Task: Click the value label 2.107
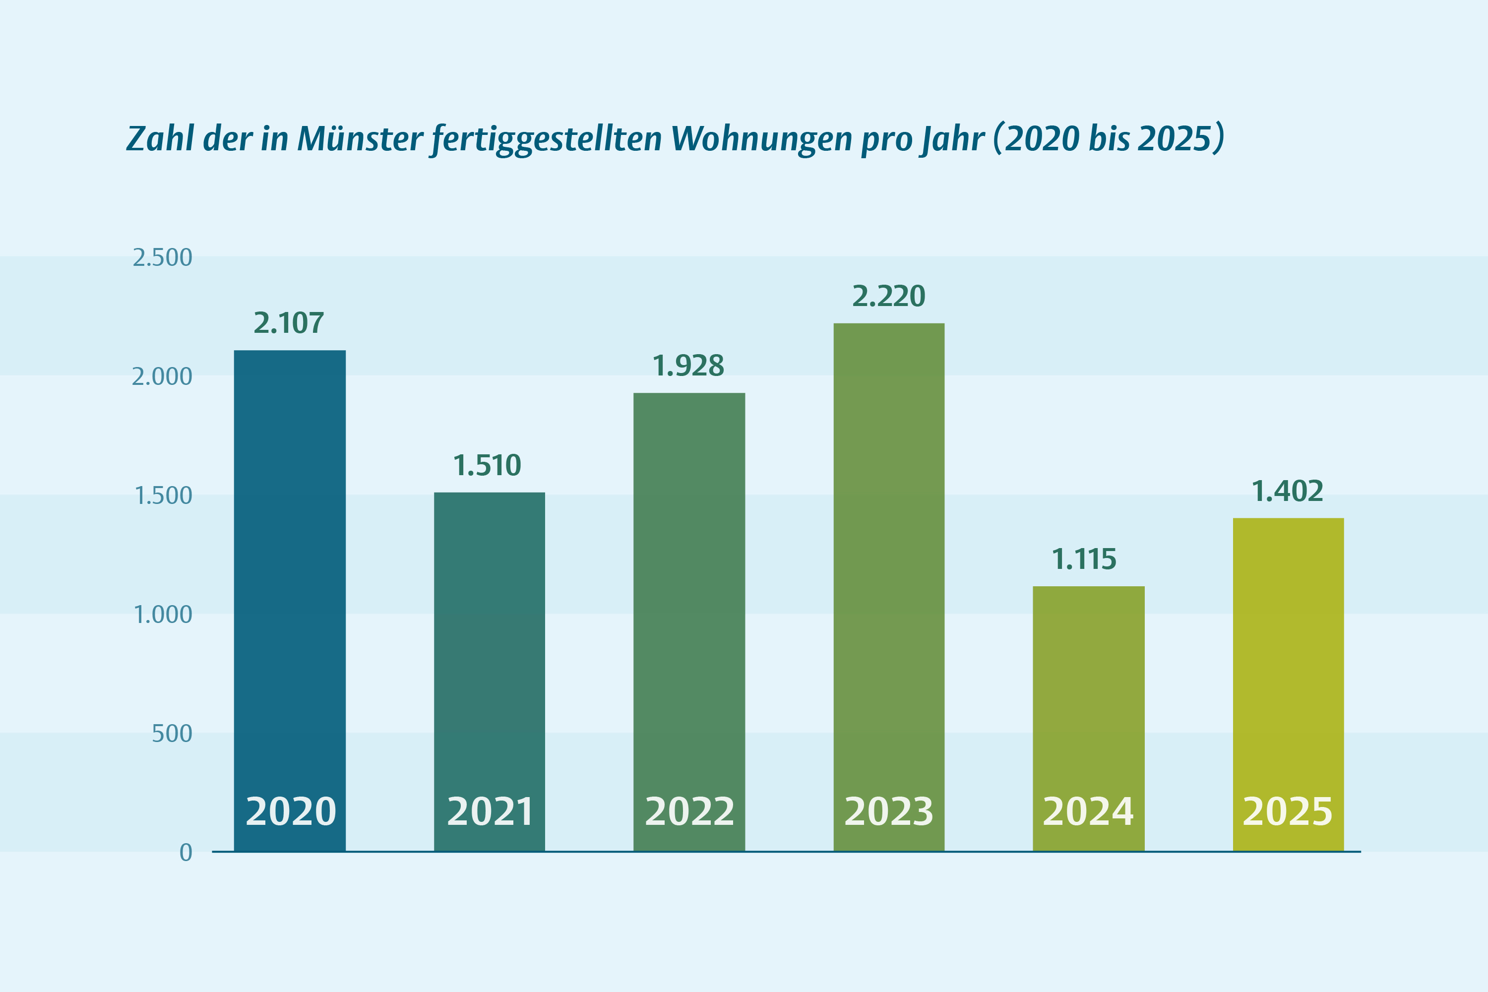[x=289, y=323]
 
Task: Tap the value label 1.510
[x=487, y=466]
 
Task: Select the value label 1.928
[x=688, y=366]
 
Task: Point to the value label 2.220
[x=888, y=296]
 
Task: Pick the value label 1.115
[x=1084, y=559]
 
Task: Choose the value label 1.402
[x=1288, y=492]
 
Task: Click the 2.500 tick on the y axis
[x=162, y=258]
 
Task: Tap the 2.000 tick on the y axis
[x=162, y=377]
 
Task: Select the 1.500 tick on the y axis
[x=163, y=496]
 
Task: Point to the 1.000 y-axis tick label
[x=163, y=615]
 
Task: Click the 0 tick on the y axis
[x=186, y=853]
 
